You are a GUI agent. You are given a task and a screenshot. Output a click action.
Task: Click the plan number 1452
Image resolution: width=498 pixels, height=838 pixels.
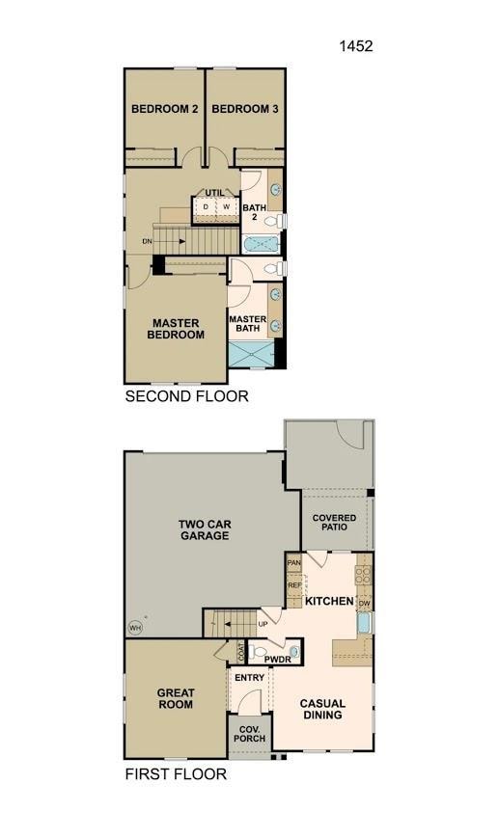[356, 46]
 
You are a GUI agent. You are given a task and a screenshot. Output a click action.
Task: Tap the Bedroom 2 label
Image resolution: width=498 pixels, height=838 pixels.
[165, 109]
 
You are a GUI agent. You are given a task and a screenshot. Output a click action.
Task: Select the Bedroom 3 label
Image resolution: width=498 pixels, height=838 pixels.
[245, 109]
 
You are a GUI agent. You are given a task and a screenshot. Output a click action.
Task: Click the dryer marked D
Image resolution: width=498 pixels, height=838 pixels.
[205, 206]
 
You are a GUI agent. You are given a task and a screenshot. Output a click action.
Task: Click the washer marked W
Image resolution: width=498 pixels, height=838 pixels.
[226, 206]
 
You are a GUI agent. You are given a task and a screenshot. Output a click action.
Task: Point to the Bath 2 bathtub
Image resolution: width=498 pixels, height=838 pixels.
[261, 245]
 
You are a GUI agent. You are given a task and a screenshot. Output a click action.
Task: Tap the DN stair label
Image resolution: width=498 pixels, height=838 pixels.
[147, 242]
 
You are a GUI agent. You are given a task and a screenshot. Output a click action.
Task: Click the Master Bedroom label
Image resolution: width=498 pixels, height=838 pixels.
[176, 329]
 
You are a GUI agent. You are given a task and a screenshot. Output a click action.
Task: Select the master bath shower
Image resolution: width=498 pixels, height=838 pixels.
[251, 354]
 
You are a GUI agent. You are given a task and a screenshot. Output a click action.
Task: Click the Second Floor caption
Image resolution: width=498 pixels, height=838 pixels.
[186, 396]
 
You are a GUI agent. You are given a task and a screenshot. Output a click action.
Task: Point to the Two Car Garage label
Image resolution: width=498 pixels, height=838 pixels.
[205, 529]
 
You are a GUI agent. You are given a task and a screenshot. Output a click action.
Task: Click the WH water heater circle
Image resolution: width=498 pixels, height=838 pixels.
[135, 628]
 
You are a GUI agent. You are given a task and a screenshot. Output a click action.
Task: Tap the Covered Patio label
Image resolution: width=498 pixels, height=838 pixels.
[334, 522]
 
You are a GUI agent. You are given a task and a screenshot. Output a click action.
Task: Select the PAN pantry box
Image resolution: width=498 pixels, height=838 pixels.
[294, 563]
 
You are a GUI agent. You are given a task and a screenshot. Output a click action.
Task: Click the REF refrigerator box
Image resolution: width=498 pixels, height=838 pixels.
[294, 585]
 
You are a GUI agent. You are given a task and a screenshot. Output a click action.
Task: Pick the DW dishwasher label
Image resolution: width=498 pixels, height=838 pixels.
[364, 604]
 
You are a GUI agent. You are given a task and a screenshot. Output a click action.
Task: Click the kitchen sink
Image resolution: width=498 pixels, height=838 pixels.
[364, 623]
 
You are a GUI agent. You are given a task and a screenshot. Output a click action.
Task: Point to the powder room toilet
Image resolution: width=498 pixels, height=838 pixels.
[258, 652]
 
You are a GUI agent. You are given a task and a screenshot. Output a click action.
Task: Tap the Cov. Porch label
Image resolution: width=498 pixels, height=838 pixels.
[249, 734]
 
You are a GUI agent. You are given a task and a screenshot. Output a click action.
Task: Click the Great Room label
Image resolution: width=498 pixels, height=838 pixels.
[176, 698]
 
